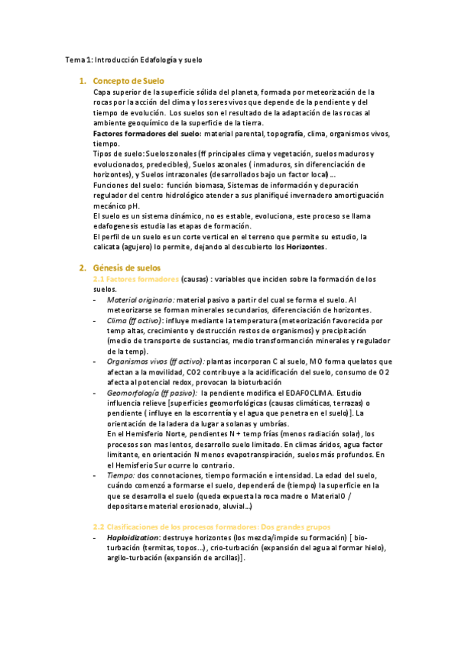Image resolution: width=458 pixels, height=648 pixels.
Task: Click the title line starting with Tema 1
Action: pyautogui.click(x=134, y=59)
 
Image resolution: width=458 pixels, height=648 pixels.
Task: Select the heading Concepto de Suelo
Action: pyautogui.click(x=128, y=80)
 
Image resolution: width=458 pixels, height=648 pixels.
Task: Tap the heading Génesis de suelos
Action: pyautogui.click(x=127, y=268)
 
